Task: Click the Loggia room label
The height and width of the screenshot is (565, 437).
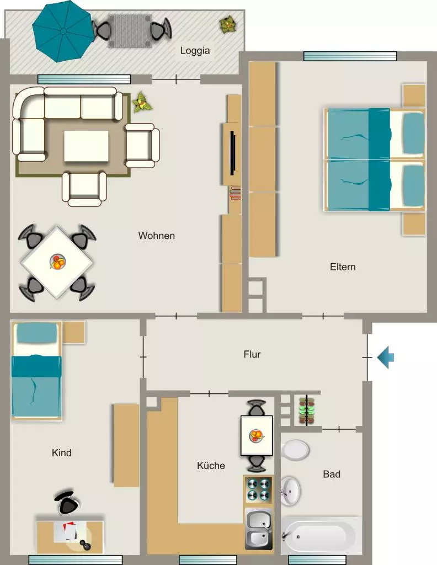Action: (x=195, y=50)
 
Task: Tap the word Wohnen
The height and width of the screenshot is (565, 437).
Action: (x=156, y=236)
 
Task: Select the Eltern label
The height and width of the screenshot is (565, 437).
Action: (x=343, y=267)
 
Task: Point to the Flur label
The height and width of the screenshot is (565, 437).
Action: (x=252, y=354)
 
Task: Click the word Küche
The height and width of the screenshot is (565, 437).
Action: (x=211, y=465)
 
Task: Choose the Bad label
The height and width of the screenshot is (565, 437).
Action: (x=332, y=474)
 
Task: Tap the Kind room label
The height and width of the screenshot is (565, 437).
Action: (x=62, y=452)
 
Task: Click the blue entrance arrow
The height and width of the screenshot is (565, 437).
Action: (x=386, y=358)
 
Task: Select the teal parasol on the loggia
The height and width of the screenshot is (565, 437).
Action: (x=63, y=31)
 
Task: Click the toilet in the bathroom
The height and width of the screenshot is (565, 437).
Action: (x=295, y=450)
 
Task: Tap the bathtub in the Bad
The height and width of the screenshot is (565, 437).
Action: (x=321, y=536)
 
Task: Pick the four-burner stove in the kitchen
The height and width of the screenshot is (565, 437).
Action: (x=258, y=491)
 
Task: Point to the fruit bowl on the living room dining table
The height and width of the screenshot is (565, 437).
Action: (x=57, y=262)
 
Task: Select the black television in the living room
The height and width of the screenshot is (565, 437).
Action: (x=233, y=153)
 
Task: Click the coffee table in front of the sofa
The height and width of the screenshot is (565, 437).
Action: (x=86, y=146)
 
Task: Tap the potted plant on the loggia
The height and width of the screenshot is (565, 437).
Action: (x=227, y=25)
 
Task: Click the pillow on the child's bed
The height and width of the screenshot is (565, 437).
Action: (x=37, y=333)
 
